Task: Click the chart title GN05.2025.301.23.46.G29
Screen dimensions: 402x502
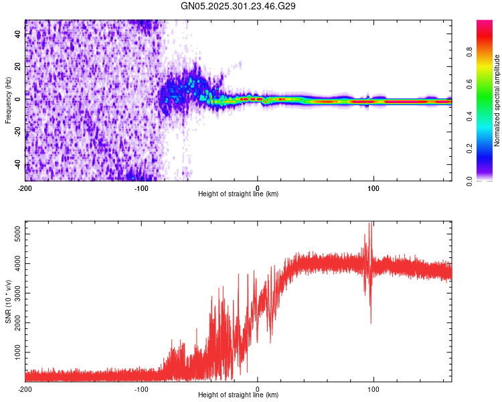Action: (238, 5)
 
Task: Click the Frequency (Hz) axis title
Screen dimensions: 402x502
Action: (8, 100)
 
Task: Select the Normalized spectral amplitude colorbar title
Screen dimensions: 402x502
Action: (497, 100)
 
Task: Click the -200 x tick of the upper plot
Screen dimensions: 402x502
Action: (25, 188)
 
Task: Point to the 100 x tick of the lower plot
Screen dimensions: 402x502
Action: (373, 389)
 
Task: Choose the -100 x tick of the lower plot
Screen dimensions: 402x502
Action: (141, 389)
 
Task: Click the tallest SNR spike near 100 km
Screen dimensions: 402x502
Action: (371, 224)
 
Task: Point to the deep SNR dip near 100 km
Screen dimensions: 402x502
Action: (371, 323)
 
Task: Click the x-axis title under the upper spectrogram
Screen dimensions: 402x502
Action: (238, 194)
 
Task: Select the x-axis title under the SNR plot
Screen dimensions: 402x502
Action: (238, 395)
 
